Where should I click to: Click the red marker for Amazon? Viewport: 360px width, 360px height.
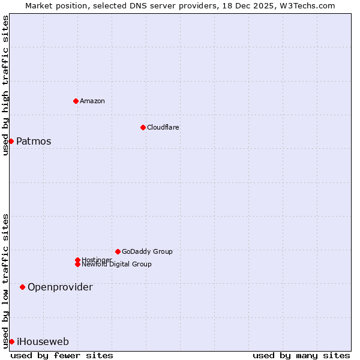(76, 101)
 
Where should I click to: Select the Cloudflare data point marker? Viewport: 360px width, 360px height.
(143, 127)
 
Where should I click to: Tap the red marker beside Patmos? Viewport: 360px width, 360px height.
(11, 141)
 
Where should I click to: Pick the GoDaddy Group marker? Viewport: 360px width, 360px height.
(118, 251)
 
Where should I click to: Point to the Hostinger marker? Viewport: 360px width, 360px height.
(77, 260)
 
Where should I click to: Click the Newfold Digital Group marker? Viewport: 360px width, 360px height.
(77, 264)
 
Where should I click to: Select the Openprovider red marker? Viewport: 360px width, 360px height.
(22, 287)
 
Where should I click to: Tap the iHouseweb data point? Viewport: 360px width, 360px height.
(11, 341)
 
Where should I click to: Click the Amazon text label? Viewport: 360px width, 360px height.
(92, 101)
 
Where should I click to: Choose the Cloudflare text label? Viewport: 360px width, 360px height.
(163, 127)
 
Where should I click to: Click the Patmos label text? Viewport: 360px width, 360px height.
(34, 142)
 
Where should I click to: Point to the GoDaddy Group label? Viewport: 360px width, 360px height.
(147, 251)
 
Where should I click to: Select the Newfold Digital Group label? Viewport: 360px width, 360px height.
(116, 264)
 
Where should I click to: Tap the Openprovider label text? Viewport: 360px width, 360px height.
(60, 287)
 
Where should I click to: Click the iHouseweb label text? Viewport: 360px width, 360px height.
(43, 342)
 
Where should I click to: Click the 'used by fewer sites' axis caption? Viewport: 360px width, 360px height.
(62, 355)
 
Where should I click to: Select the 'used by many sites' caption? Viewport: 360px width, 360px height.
(301, 355)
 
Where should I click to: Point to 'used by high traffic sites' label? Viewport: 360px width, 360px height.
(5, 85)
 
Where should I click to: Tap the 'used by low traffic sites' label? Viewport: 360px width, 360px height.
(5, 280)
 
